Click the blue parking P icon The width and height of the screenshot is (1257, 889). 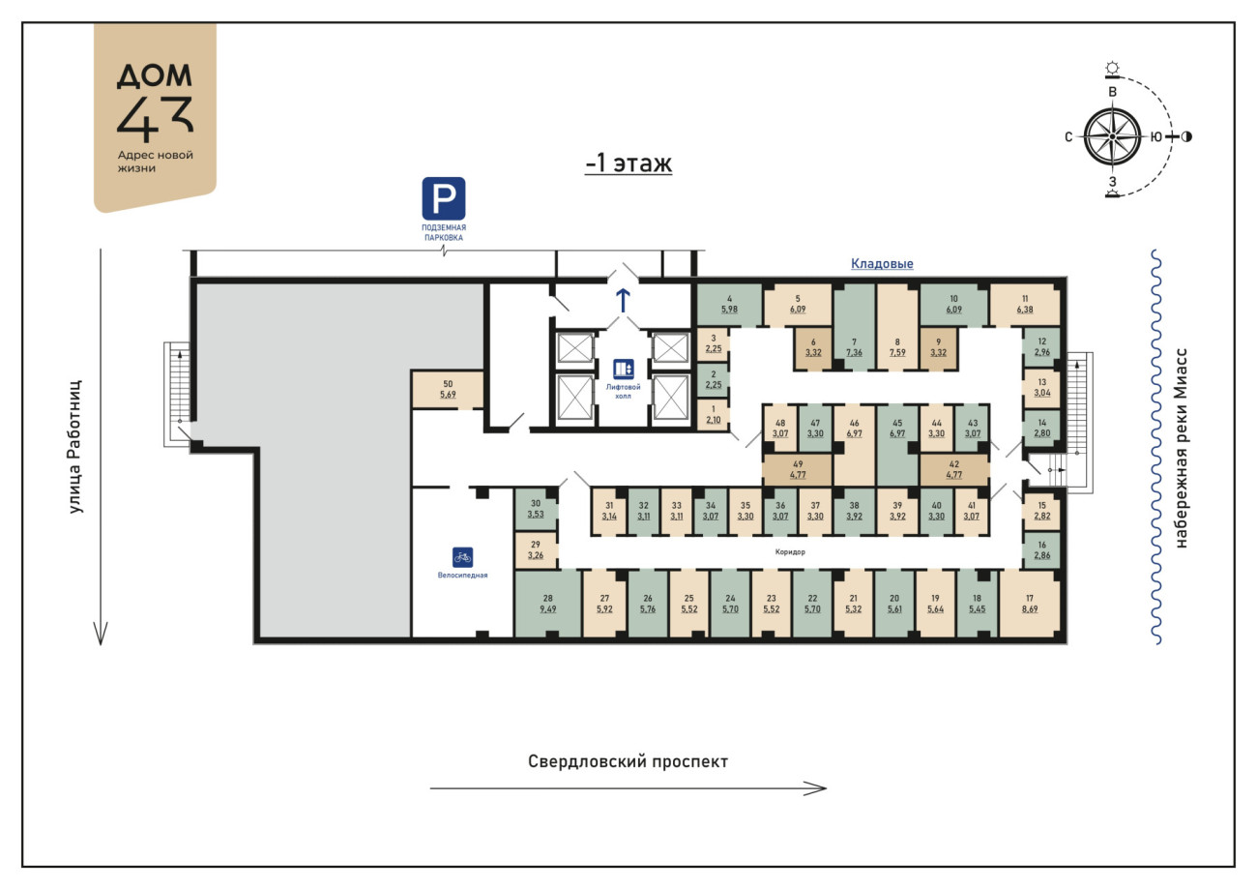pos(443,198)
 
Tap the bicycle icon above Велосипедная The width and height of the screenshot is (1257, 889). pos(462,557)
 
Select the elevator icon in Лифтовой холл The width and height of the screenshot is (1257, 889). pos(623,369)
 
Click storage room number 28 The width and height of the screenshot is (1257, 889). pos(547,604)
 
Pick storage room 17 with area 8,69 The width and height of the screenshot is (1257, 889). pos(1029,604)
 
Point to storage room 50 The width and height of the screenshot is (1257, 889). pos(448,389)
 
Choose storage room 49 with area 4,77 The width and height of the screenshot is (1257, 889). pos(798,469)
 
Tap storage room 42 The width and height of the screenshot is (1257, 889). pos(954,469)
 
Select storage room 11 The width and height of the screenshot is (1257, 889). pos(1025,304)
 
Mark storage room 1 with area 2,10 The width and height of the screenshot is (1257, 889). pos(714,414)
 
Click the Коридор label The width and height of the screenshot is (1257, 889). pos(790,551)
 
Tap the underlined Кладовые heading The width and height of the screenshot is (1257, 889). pos(882,263)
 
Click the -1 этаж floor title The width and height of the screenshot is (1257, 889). pos(628,163)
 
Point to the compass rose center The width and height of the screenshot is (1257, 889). pos(1112,137)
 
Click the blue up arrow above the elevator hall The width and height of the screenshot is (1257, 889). pos(623,301)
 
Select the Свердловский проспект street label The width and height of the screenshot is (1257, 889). pos(628,761)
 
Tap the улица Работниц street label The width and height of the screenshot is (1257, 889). pos(75,447)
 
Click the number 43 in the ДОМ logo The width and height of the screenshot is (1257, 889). pos(155,118)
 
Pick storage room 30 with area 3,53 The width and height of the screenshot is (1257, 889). pos(536,509)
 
